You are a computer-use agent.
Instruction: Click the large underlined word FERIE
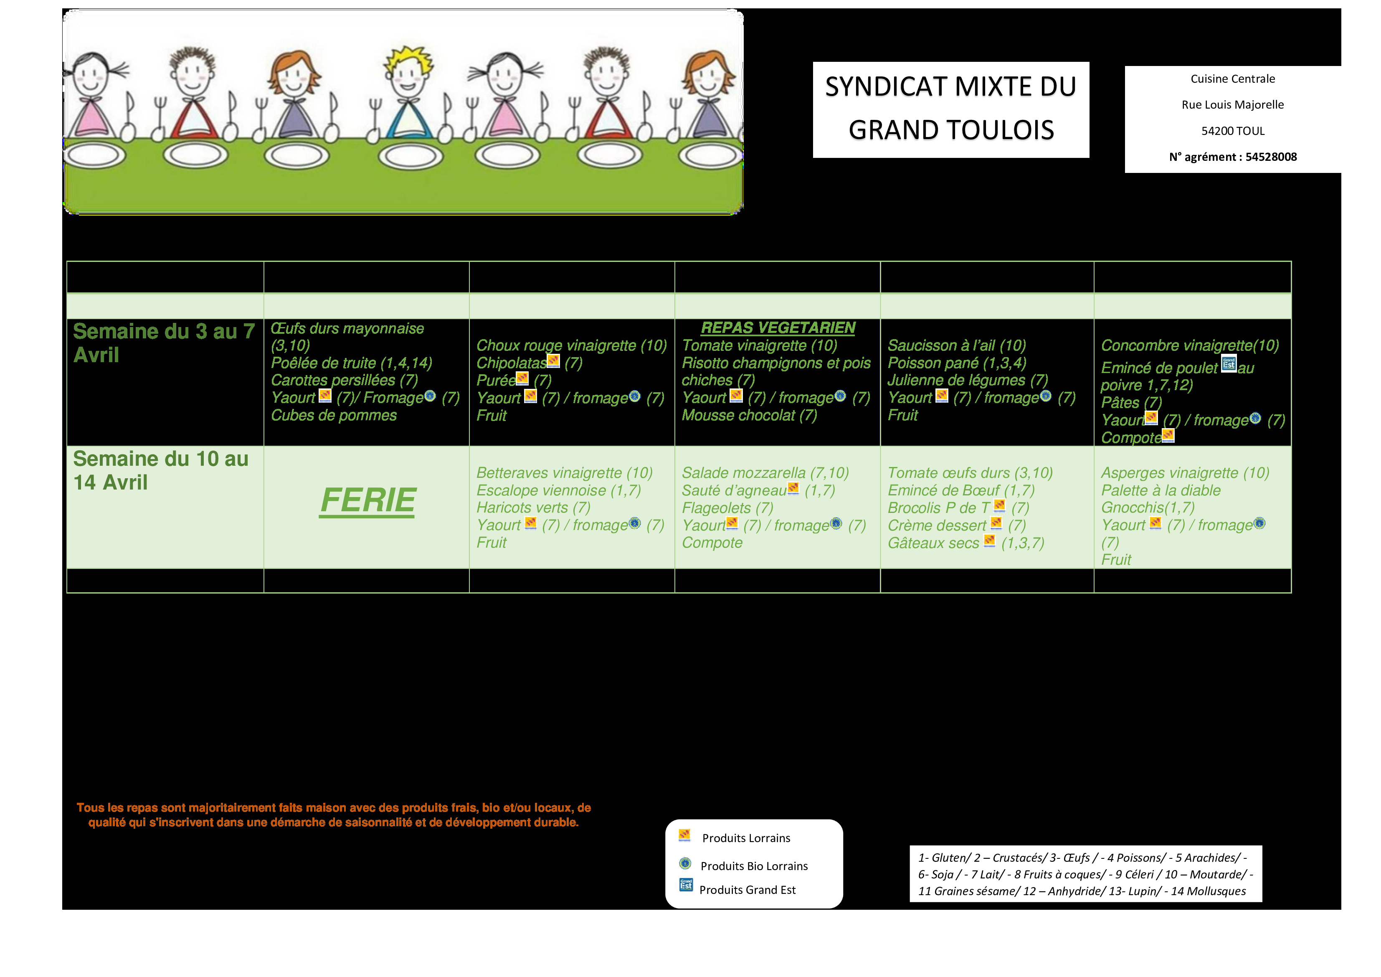[367, 500]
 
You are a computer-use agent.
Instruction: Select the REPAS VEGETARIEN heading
[778, 328]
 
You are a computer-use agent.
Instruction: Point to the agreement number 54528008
[1270, 157]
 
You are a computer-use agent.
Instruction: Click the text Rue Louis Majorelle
[1232, 105]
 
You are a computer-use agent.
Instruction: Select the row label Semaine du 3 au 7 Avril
[164, 343]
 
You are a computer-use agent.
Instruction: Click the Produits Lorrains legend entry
[745, 838]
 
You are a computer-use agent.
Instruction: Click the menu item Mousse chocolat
[749, 415]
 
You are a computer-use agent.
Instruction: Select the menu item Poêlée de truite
[351, 363]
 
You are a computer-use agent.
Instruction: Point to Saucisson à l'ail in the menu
[956, 345]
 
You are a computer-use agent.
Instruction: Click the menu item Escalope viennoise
[558, 490]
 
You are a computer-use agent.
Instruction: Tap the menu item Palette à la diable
[1160, 490]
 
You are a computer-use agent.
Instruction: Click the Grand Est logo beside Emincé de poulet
[1228, 363]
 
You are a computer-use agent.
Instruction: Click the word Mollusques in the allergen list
[1209, 891]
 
